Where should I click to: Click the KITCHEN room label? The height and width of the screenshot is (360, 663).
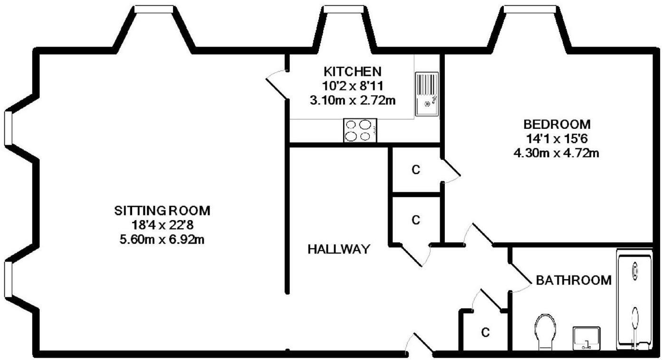click(352, 71)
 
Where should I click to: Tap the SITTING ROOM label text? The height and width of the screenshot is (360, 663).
click(162, 210)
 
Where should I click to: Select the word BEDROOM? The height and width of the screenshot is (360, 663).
click(557, 125)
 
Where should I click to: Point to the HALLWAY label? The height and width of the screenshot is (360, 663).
click(338, 249)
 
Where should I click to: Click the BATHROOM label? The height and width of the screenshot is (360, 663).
click(574, 280)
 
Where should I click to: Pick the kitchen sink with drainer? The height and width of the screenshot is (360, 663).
click(427, 94)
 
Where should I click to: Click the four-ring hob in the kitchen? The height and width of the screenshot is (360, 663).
click(360, 130)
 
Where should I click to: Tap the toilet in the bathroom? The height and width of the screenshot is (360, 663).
click(545, 331)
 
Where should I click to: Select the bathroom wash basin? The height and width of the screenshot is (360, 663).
click(586, 338)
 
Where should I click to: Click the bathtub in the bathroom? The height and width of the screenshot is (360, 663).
click(634, 300)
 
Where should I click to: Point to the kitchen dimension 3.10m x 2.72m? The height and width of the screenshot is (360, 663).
click(352, 100)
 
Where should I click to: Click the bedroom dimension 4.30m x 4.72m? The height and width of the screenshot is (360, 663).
click(557, 153)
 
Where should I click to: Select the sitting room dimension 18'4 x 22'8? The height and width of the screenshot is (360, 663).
click(162, 224)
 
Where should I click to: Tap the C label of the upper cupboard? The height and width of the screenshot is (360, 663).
click(416, 170)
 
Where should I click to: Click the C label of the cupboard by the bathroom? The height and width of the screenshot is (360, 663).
click(485, 332)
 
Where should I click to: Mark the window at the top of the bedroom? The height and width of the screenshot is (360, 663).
click(530, 9)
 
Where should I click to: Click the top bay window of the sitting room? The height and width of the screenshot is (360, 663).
click(154, 9)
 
